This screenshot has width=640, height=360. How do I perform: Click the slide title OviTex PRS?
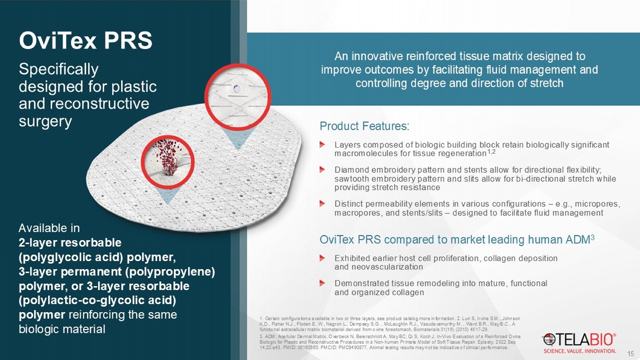(x=85, y=41)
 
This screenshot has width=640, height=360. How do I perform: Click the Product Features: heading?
(x=364, y=126)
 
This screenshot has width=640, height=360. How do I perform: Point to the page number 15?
(x=630, y=353)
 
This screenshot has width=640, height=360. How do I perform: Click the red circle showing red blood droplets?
(x=168, y=162)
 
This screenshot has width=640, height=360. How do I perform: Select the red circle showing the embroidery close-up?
(x=238, y=97)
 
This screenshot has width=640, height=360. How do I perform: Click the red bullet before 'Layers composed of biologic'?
(x=322, y=145)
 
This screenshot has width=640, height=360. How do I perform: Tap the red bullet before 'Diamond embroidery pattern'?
(x=322, y=170)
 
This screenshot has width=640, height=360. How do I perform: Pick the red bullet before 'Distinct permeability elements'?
(x=322, y=204)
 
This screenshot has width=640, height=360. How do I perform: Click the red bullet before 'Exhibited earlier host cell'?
(x=322, y=258)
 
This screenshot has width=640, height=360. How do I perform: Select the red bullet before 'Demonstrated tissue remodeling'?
(x=322, y=283)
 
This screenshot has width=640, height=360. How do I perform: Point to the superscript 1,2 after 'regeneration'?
(x=491, y=151)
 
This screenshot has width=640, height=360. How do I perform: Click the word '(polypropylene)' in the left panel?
(x=170, y=272)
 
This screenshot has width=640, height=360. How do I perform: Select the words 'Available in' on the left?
(x=49, y=228)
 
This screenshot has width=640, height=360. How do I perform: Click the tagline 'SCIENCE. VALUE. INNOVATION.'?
(x=580, y=351)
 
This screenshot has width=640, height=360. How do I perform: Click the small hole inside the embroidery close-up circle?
(x=237, y=89)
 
